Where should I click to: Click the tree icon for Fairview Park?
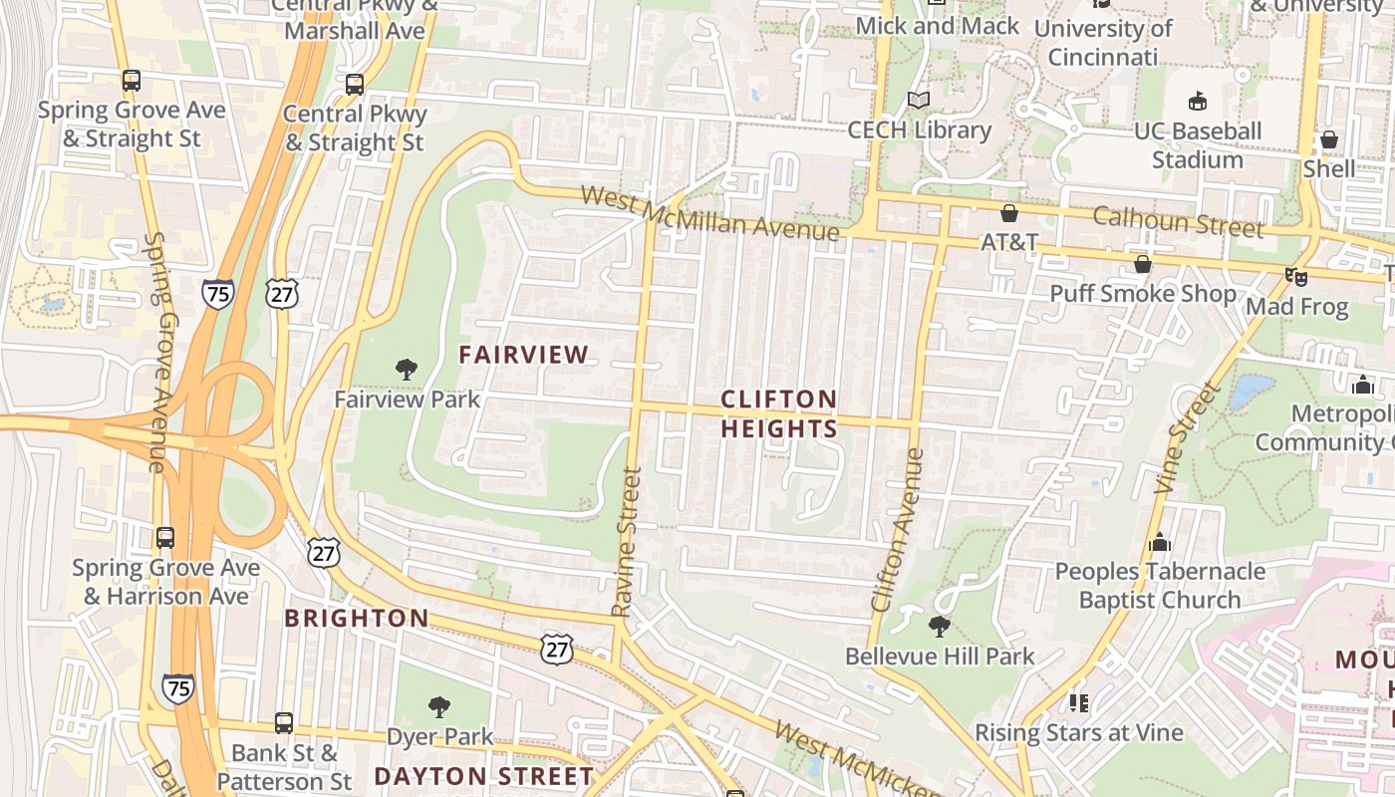[x=406, y=370]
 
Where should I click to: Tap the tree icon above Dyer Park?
[x=438, y=707]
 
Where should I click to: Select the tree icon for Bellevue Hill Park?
[x=939, y=627]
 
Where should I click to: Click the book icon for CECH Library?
[x=919, y=101]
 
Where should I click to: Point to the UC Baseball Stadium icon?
[x=1198, y=101]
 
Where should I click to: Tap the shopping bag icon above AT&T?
[x=1009, y=213]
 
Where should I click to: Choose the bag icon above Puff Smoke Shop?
[x=1143, y=264]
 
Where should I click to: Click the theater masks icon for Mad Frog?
[x=1295, y=276]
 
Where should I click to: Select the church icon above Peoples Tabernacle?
[x=1159, y=542]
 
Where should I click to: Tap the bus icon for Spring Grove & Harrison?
[x=165, y=538]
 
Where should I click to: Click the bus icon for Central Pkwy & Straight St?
[x=355, y=85]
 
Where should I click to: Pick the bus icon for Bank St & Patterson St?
[x=284, y=723]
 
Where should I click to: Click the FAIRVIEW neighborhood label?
[x=523, y=354]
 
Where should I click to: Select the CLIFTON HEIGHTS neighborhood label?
[x=779, y=413]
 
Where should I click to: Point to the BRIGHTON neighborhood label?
[x=357, y=618]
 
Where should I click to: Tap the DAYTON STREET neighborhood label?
[x=484, y=776]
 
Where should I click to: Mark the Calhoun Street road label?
[x=1178, y=221]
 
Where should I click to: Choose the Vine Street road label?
[x=1186, y=438]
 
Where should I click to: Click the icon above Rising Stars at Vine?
[x=1078, y=703]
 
